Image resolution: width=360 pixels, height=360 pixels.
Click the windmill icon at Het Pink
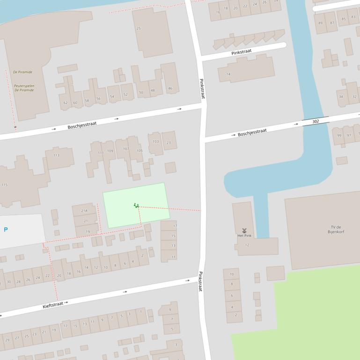click(244, 230)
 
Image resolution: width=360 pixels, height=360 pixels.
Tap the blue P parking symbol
click(6, 230)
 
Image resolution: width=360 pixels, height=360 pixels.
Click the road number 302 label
click(316, 122)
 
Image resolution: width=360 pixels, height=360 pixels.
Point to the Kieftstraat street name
click(53, 305)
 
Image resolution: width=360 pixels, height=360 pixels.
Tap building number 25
click(139, 29)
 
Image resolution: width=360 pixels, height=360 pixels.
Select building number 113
click(56, 155)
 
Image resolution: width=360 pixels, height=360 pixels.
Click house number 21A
click(84, 211)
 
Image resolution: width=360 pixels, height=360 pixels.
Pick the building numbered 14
click(228, 74)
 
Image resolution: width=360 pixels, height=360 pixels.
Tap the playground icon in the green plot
click(136, 205)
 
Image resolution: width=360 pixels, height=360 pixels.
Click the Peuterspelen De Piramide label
click(24, 88)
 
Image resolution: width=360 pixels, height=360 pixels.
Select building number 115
click(5, 185)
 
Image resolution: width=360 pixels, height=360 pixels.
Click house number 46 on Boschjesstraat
click(170, 88)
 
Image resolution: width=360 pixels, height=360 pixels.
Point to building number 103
click(155, 142)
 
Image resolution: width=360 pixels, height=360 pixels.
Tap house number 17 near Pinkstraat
click(175, 226)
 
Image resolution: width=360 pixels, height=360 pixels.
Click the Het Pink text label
click(244, 236)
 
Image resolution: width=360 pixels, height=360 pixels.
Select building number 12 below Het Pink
click(247, 245)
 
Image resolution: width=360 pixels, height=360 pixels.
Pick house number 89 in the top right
click(321, 23)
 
